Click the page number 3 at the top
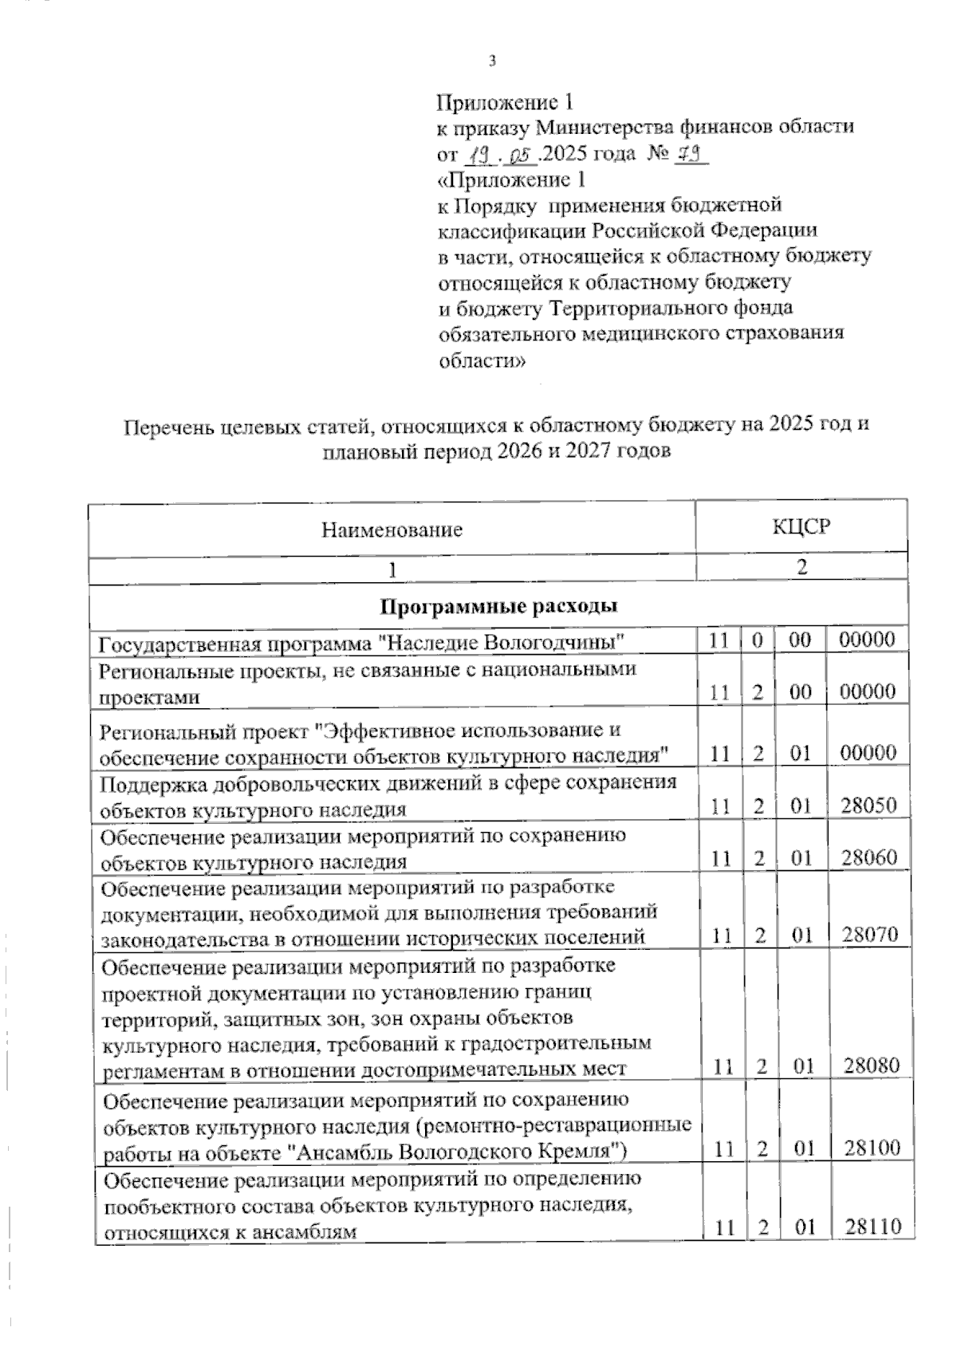[492, 61]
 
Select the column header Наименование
[392, 530]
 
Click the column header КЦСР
[801, 526]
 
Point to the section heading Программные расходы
[498, 607]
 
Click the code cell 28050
[868, 805]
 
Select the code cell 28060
[868, 858]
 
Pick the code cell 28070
[869, 935]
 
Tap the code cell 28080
[871, 1065]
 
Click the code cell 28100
[871, 1148]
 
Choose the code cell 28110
[872, 1227]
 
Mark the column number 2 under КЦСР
[801, 567]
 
